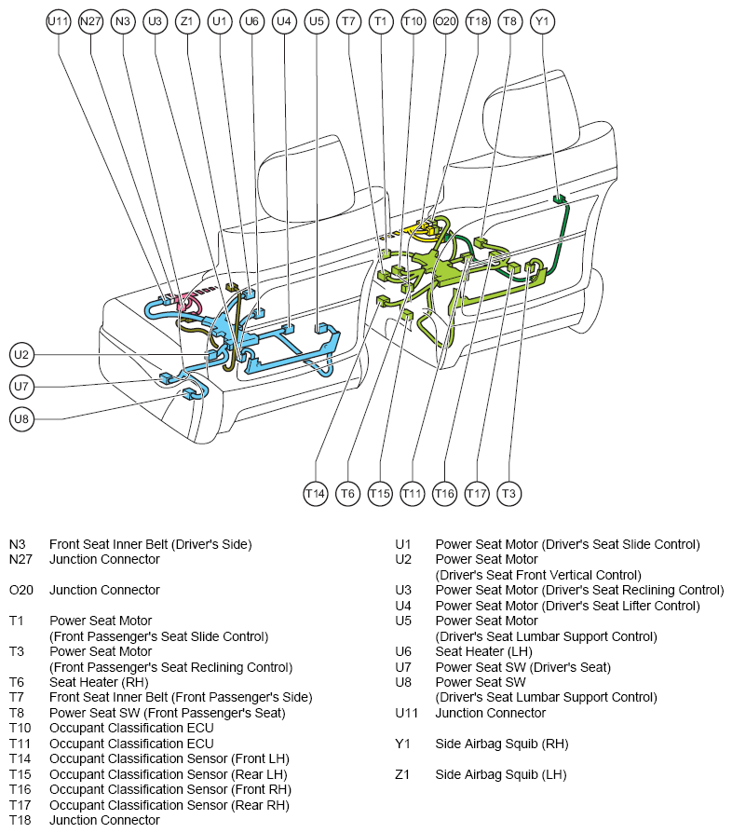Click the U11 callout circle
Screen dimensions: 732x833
58,21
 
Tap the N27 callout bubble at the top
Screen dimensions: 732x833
90,21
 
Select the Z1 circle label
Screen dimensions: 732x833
187,21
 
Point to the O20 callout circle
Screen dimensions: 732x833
445,21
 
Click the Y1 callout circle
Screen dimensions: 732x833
541,21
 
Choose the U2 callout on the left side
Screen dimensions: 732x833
21,355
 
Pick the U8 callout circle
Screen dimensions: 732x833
21,419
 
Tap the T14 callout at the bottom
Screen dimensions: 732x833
316,494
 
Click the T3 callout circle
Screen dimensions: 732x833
508,494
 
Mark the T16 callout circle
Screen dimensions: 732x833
444,494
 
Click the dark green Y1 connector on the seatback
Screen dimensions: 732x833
559,199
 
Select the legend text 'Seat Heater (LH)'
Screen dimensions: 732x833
483,651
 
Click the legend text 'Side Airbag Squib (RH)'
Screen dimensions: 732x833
502,744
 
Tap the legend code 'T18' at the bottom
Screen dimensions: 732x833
20,820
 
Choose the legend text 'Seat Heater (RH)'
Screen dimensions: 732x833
99,682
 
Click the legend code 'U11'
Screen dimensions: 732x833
407,713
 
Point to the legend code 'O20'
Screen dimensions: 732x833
21,590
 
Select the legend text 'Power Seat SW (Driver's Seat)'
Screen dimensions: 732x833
522,667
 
